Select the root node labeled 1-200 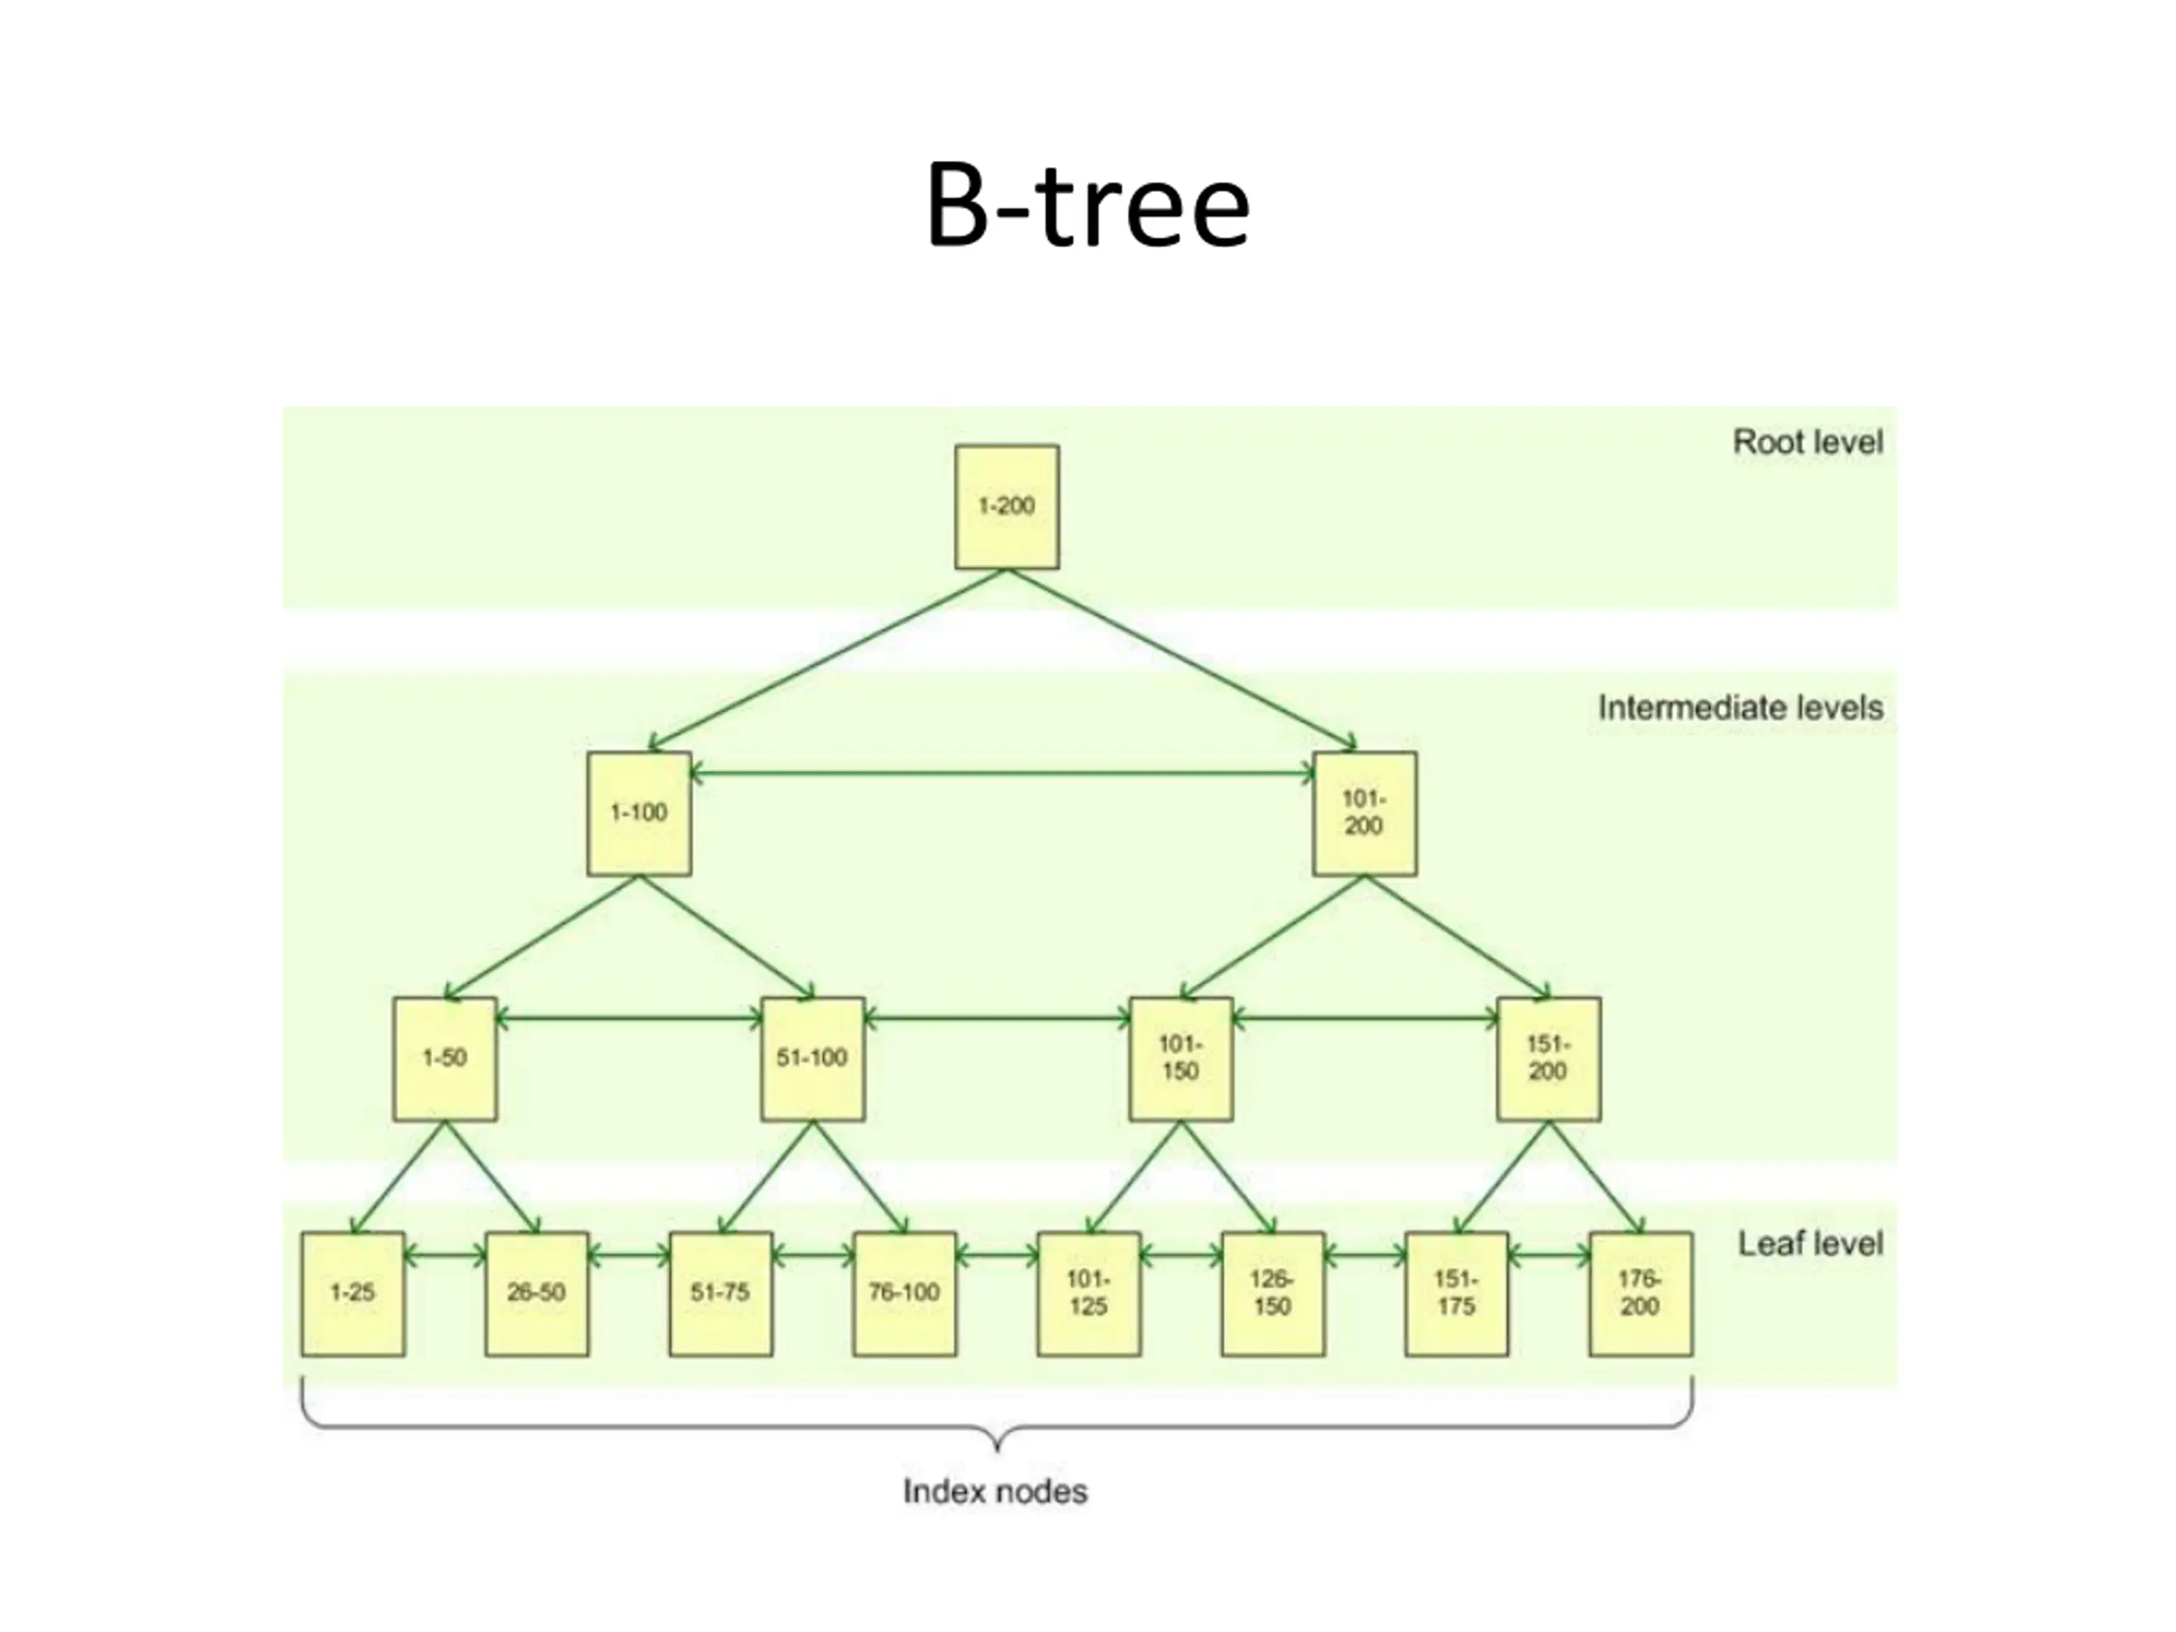[1006, 507]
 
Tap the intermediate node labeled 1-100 [638, 813]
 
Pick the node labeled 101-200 [1364, 813]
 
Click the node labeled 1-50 [445, 1058]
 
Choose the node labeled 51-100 [813, 1058]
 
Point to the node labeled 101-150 [1181, 1058]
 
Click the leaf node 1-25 [352, 1294]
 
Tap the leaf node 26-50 [537, 1294]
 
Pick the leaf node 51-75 [720, 1294]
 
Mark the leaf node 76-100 [904, 1294]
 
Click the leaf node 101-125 [1088, 1294]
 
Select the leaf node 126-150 [1272, 1294]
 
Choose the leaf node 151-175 [1456, 1294]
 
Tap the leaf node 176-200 [1640, 1294]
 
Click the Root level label [1807, 443]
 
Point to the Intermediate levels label [1739, 708]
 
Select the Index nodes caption [994, 1493]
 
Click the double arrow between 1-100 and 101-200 [1001, 774]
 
